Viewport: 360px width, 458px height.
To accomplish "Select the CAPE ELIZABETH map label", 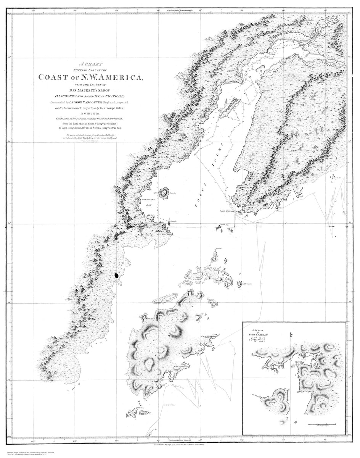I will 228,211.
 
